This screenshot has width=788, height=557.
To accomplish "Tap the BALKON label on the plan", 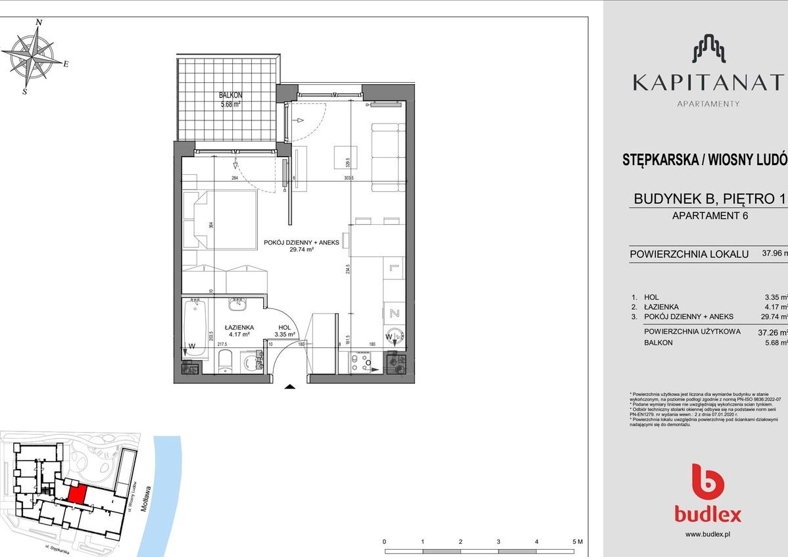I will (230, 95).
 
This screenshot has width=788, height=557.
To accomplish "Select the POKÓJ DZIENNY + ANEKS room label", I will (301, 242).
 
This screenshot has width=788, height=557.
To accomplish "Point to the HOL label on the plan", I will (285, 326).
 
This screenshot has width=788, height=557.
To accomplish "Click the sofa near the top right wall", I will (387, 155).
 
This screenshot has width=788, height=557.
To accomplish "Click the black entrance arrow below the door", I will (289, 388).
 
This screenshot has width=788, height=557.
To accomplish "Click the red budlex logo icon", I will (708, 481).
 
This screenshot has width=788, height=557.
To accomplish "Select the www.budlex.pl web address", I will (708, 535).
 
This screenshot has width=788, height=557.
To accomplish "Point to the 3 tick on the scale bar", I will (499, 541).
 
